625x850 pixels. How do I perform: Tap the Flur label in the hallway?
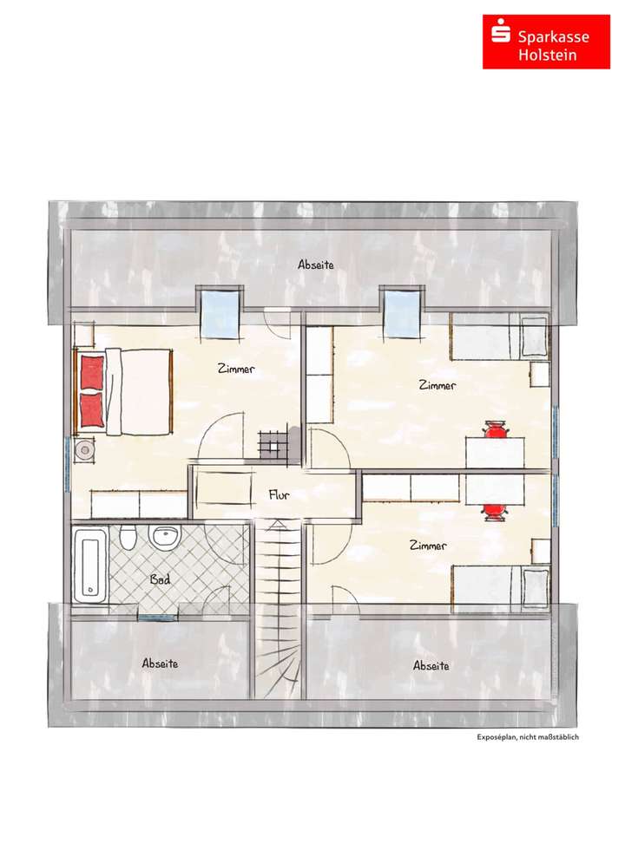[278, 496]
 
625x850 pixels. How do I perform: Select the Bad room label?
[160, 579]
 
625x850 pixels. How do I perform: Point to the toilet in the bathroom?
[128, 540]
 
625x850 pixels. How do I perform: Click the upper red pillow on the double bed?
[91, 373]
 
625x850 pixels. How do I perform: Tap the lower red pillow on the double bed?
[91, 408]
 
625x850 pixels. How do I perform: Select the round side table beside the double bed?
[85, 449]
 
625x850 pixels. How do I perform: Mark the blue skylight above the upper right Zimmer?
[400, 313]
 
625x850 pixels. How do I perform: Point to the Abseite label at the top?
[315, 265]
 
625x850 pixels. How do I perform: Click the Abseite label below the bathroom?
[160, 664]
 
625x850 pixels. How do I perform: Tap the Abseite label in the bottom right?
[431, 666]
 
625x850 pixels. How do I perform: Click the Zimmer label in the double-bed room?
[235, 369]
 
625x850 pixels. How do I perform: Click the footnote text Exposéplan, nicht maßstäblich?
[527, 737]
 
